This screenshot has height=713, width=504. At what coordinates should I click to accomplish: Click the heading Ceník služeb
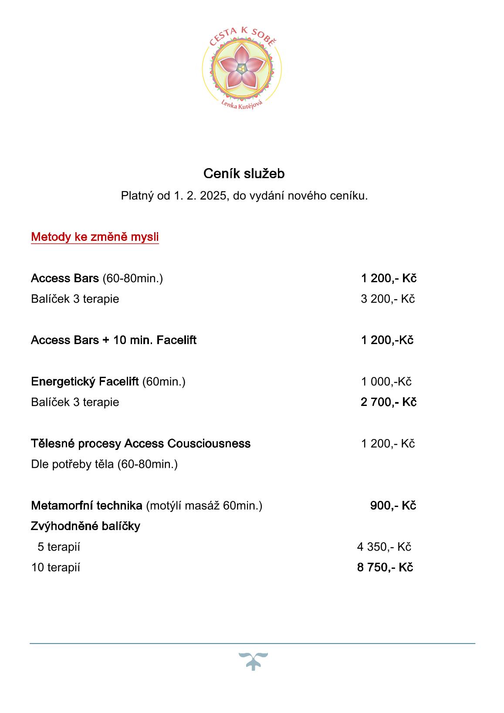pyautogui.click(x=244, y=174)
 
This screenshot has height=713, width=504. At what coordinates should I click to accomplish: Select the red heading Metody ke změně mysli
pyautogui.click(x=95, y=237)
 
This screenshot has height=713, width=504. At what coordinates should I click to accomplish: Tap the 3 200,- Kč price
pyautogui.click(x=387, y=299)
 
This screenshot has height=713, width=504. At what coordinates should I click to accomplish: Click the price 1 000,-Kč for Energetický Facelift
pyautogui.click(x=386, y=382)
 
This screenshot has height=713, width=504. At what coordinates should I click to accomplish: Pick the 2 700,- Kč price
pyautogui.click(x=388, y=402)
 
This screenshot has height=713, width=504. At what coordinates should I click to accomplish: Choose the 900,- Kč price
pyautogui.click(x=393, y=506)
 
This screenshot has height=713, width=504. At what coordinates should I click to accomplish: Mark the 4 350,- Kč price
pyautogui.click(x=384, y=547)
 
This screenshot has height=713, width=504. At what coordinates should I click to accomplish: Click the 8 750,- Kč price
pyautogui.click(x=385, y=568)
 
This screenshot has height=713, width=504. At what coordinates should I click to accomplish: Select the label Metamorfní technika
pyautogui.click(x=86, y=506)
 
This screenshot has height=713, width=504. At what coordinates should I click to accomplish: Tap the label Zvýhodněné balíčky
pyautogui.click(x=85, y=526)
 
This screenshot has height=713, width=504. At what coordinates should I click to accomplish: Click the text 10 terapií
pyautogui.click(x=55, y=568)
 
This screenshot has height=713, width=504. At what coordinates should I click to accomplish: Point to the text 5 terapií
pyautogui.click(x=59, y=547)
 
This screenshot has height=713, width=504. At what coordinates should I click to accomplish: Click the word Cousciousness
pyautogui.click(x=214, y=443)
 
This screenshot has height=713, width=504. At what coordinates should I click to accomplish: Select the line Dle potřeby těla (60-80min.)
pyautogui.click(x=104, y=464)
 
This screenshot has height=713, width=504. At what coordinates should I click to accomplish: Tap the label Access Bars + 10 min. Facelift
pyautogui.click(x=113, y=340)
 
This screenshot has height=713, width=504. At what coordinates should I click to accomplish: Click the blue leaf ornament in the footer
pyautogui.click(x=253, y=661)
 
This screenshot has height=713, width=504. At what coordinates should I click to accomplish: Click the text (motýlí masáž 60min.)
pyautogui.click(x=204, y=506)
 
